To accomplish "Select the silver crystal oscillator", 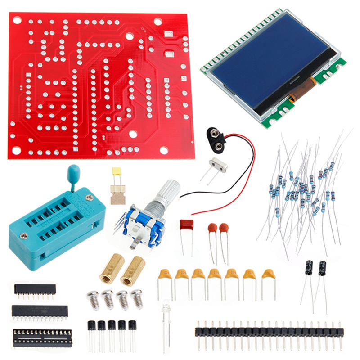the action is (218, 166).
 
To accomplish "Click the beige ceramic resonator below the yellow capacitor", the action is (118, 194).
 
